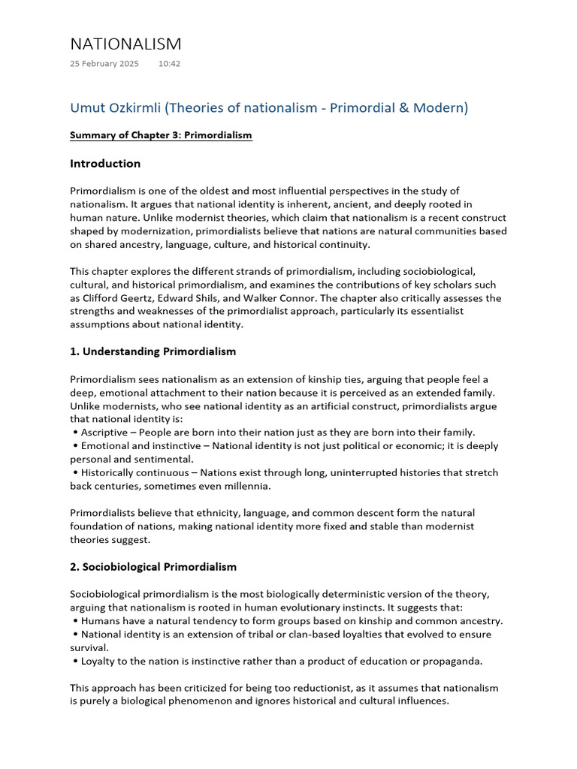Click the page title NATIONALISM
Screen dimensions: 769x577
(x=125, y=44)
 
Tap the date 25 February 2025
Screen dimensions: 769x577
(x=104, y=64)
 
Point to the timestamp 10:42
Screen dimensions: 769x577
(x=169, y=64)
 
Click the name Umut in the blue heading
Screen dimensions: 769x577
(x=89, y=108)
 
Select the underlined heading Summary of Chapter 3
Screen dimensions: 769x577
(x=161, y=135)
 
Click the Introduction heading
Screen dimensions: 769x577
(x=105, y=164)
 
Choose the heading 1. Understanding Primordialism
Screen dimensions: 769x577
(x=153, y=351)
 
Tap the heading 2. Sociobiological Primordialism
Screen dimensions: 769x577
(x=153, y=567)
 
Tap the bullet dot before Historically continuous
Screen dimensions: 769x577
(x=76, y=473)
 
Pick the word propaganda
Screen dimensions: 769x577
(x=449, y=662)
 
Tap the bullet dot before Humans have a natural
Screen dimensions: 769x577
(x=76, y=621)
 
